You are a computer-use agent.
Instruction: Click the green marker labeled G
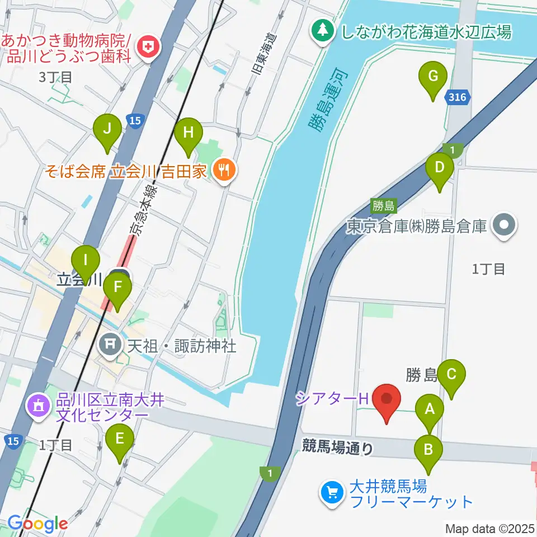(x=433, y=76)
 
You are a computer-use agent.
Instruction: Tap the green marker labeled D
(x=440, y=167)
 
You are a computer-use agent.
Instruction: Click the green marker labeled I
(x=86, y=260)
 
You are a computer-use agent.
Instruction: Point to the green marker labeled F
(x=117, y=288)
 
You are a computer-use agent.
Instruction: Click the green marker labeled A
(x=430, y=408)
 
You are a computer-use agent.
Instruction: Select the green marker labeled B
(x=429, y=449)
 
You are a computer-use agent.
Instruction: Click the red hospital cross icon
(x=149, y=47)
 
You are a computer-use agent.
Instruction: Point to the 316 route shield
(x=456, y=97)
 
